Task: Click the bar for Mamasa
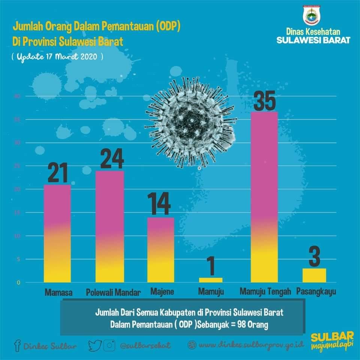[x=57, y=233]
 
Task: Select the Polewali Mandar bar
[x=109, y=226]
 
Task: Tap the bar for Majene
[x=160, y=250]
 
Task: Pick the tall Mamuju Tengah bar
[x=264, y=197]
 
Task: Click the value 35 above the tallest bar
[x=264, y=99]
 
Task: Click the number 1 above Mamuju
[x=211, y=265]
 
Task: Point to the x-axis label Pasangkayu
[x=315, y=291]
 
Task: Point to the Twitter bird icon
[x=95, y=345]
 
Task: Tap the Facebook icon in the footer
[x=16, y=345]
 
